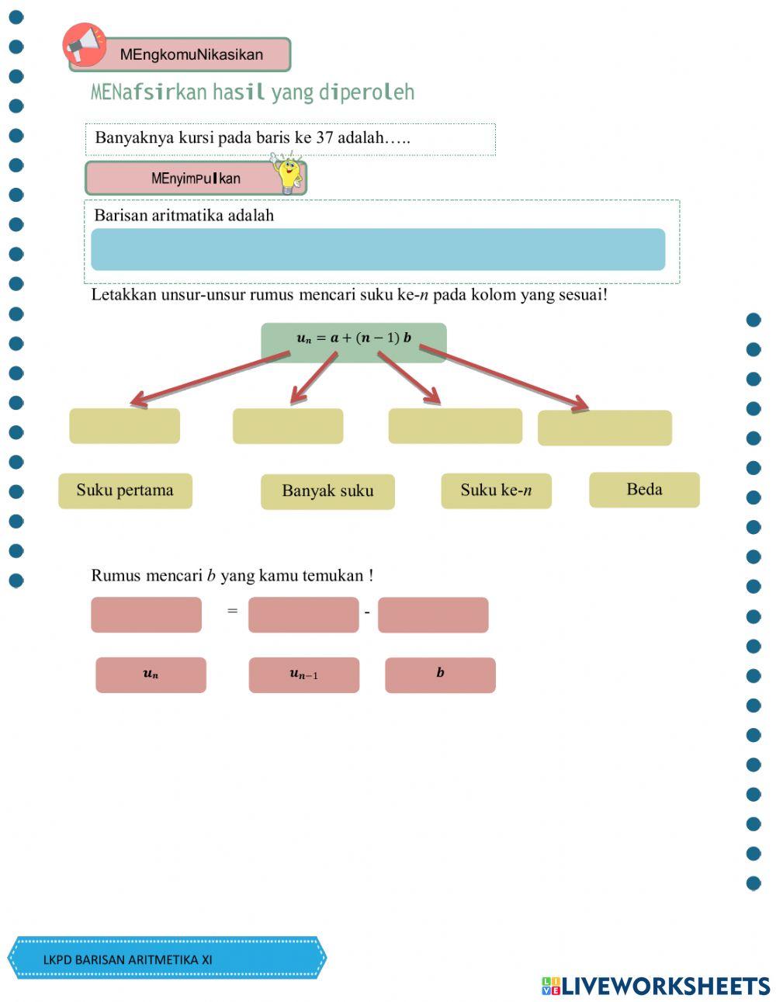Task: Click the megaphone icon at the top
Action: pyautogui.click(x=84, y=43)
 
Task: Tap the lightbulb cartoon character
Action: pyautogui.click(x=288, y=173)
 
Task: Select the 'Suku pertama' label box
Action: pyautogui.click(x=125, y=491)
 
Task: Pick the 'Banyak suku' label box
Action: pyautogui.click(x=327, y=491)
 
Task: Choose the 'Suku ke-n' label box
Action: pyautogui.click(x=496, y=491)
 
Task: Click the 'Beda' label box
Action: pyautogui.click(x=644, y=490)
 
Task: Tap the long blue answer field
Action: pyautogui.click(x=378, y=249)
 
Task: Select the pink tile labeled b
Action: pyautogui.click(x=440, y=674)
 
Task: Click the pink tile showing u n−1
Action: pyautogui.click(x=303, y=674)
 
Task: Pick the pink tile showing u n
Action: pyautogui.click(x=151, y=674)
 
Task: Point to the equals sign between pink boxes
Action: pyautogui.click(x=232, y=611)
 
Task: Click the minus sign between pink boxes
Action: pyautogui.click(x=367, y=613)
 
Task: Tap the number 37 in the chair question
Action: pyautogui.click(x=324, y=138)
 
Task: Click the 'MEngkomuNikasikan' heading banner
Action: pyautogui.click(x=192, y=55)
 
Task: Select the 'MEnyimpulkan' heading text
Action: pyautogui.click(x=196, y=179)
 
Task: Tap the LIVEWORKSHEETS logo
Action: pyautogui.click(x=656, y=986)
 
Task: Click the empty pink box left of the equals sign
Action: pyautogui.click(x=146, y=615)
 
